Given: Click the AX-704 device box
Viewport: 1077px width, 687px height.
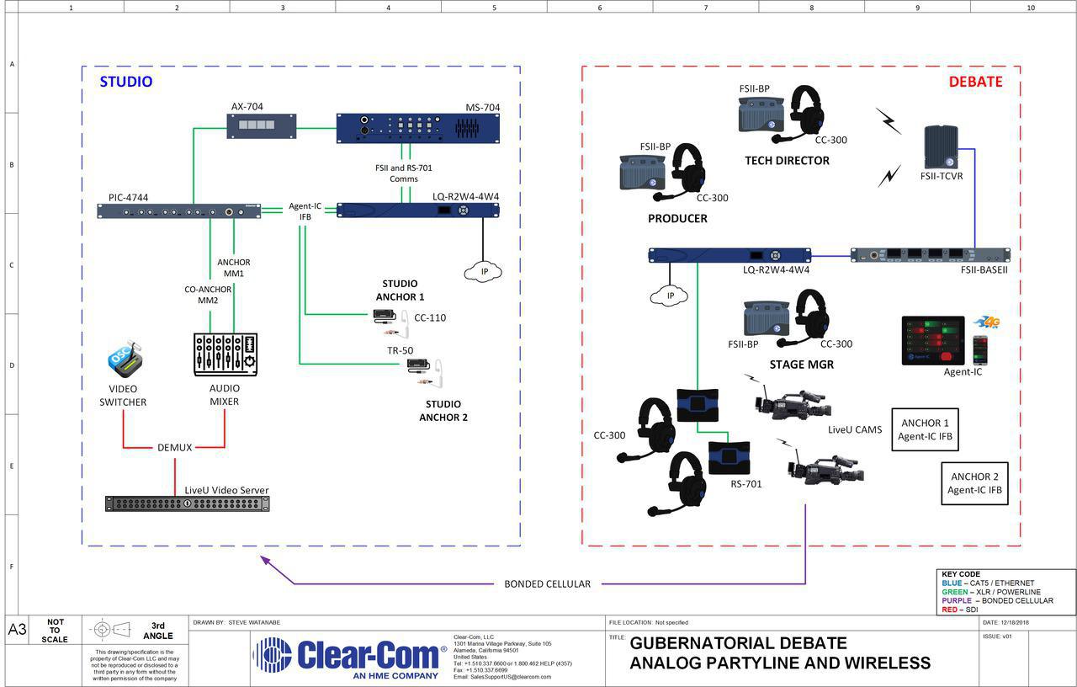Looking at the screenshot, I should pos(251,126).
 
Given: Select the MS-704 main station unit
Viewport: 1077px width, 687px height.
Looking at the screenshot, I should pos(417,128).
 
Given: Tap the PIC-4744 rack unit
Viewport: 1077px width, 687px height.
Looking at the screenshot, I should pos(178,211).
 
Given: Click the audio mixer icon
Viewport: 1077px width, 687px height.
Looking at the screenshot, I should pos(225,354).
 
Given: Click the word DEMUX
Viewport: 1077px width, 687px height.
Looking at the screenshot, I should pos(174,447).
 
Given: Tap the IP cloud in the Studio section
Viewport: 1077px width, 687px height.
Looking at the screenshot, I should pos(482,271).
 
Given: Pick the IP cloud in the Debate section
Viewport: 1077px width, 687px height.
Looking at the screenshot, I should pos(670,296).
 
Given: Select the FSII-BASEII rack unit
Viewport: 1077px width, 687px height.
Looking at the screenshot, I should pos(930,255).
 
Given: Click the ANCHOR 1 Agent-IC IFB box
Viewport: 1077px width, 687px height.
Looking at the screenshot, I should pos(925,429).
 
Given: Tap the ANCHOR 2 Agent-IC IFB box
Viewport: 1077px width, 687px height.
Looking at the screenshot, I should pos(974,482).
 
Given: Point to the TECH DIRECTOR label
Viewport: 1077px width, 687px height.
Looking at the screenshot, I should pos(787,161).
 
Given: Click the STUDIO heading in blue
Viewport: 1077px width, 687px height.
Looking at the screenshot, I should pos(126,82).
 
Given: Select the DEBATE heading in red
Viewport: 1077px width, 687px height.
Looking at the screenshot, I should pos(975,82).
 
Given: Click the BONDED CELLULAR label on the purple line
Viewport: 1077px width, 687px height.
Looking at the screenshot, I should pos(547,583).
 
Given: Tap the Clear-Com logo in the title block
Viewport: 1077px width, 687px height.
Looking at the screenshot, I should pos(349,656).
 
